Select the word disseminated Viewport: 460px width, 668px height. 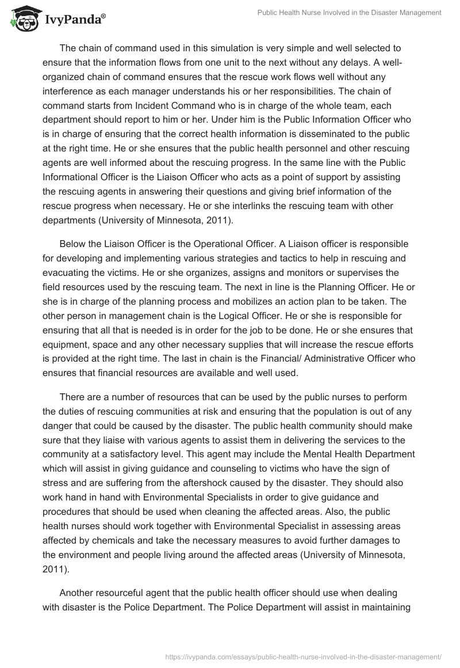(x=328, y=132)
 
